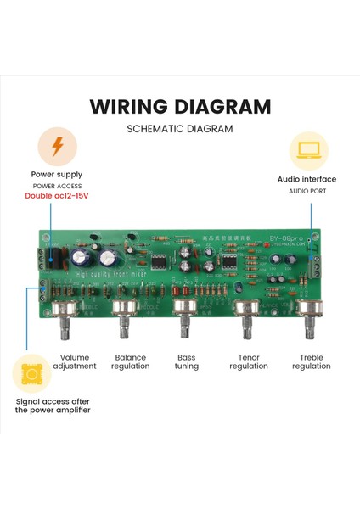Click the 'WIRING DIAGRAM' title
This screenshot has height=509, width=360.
point(180,107)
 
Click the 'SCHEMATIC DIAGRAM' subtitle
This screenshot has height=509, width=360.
point(180,130)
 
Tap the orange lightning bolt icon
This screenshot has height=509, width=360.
point(57,147)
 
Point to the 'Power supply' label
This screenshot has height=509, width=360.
point(58,174)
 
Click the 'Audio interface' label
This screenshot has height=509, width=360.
point(307,179)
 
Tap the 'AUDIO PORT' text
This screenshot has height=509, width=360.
point(307,191)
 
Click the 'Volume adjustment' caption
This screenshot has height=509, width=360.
point(75,361)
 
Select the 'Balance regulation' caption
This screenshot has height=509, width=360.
point(130,361)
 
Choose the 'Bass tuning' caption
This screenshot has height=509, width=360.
point(186,361)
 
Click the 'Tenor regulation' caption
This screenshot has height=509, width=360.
point(247,361)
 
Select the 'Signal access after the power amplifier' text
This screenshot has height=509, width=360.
point(52,405)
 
